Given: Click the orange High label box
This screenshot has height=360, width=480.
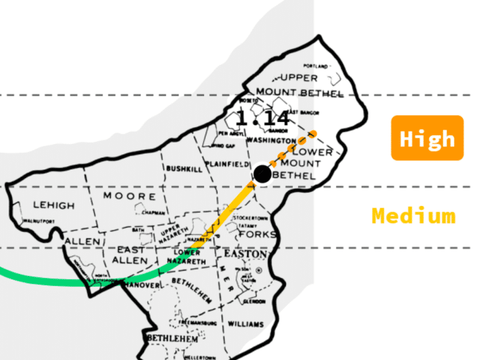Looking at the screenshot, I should coord(427,138).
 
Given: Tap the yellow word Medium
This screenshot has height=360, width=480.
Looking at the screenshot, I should coord(413,215).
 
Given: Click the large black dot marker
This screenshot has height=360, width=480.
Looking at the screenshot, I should coord(262,174).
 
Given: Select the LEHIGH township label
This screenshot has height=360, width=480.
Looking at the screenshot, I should coord(54,205).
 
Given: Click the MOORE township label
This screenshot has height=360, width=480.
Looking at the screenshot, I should coord(130,196).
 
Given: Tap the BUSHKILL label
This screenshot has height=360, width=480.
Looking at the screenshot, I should coord(184,169).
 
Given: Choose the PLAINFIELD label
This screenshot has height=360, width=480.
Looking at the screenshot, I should coord(227,164).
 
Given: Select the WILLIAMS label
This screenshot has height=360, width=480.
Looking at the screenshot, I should coord(245,324).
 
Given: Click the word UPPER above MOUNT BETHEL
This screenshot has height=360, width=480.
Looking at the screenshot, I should coord(299,78).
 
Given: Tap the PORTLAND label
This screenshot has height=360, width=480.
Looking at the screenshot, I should coord(316,65).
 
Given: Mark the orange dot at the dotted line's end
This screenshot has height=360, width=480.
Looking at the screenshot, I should coord(314,133).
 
